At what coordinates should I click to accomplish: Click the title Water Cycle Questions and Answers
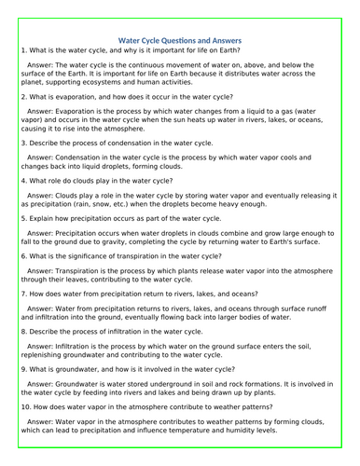coord(181,41)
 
